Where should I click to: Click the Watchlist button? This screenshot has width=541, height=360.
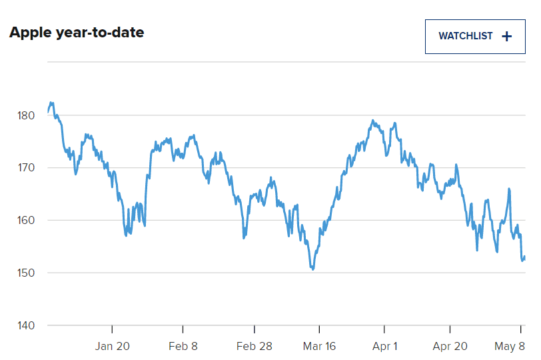click(x=474, y=36)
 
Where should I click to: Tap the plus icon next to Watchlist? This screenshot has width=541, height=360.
click(x=506, y=37)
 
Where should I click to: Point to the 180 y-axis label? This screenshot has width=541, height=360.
click(x=25, y=115)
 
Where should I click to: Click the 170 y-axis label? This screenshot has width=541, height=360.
click(x=25, y=168)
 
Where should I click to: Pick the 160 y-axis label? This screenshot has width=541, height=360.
click(x=25, y=221)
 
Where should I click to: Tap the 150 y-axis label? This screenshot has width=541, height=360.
click(x=25, y=273)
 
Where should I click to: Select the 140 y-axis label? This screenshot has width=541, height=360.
click(x=25, y=326)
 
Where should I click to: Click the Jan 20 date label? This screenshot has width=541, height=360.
click(x=113, y=346)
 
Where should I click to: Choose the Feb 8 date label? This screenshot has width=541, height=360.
click(x=183, y=346)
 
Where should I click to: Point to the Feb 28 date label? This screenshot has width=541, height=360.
click(x=255, y=346)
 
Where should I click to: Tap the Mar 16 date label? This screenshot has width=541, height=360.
click(x=319, y=346)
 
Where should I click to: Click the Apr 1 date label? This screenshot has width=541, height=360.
click(x=384, y=346)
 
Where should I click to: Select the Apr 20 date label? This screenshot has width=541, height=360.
click(x=450, y=346)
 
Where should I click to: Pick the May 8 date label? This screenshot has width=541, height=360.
click(x=510, y=346)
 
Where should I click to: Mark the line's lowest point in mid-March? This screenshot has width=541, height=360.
click(x=312, y=269)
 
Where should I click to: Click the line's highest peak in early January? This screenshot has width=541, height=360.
click(x=51, y=103)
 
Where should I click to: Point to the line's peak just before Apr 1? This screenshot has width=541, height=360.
click(x=372, y=121)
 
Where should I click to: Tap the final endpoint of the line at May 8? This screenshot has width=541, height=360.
click(x=524, y=257)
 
